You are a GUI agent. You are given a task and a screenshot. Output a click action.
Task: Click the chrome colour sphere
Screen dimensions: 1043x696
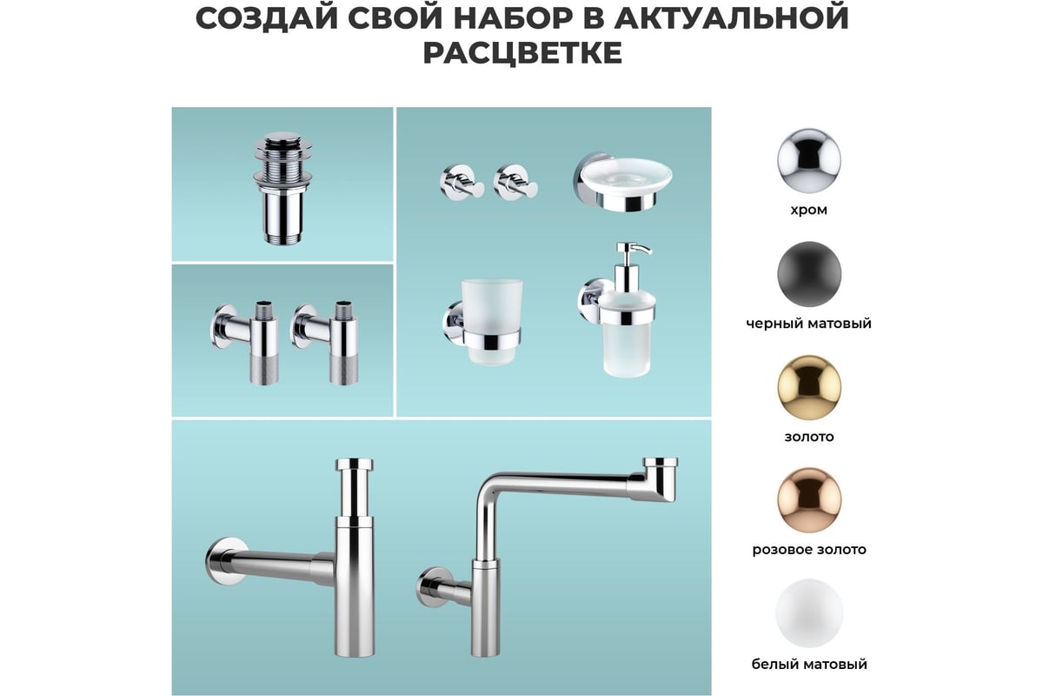coord(809,160)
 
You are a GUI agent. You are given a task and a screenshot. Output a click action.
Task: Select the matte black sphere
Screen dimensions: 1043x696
coord(809,274)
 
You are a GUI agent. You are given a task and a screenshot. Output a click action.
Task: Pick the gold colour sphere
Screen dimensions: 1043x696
coord(809,387)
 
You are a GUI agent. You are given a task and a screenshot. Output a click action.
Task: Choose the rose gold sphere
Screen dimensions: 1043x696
coord(809,500)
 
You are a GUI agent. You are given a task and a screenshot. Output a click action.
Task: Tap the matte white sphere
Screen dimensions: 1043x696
coord(809,613)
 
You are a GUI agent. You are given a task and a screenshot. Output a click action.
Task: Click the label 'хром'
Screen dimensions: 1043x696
coord(809,211)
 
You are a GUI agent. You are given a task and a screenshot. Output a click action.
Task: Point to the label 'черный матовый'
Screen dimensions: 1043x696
coord(809,323)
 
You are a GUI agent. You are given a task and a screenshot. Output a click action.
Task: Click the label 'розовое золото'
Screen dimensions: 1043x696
coord(809,550)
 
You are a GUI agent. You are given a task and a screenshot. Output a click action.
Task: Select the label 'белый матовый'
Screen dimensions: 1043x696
coord(809,664)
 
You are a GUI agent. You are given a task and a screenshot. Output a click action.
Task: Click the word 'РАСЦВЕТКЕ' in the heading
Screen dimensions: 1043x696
coord(522,53)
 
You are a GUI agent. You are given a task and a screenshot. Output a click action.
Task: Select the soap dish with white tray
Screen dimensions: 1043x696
coord(622,180)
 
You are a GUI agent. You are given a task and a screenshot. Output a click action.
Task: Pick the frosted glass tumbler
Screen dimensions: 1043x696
coord(491,322)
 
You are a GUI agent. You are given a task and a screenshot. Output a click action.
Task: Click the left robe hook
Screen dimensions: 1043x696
coord(462,182)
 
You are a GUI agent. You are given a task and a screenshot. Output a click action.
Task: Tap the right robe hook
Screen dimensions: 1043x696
coord(515,182)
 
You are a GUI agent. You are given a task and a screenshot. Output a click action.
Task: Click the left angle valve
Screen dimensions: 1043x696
coord(245,343)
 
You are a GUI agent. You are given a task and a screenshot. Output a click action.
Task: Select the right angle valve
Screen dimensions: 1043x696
coord(326,343)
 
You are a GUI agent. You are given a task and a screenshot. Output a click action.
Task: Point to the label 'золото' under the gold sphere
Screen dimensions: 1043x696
coord(809,437)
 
